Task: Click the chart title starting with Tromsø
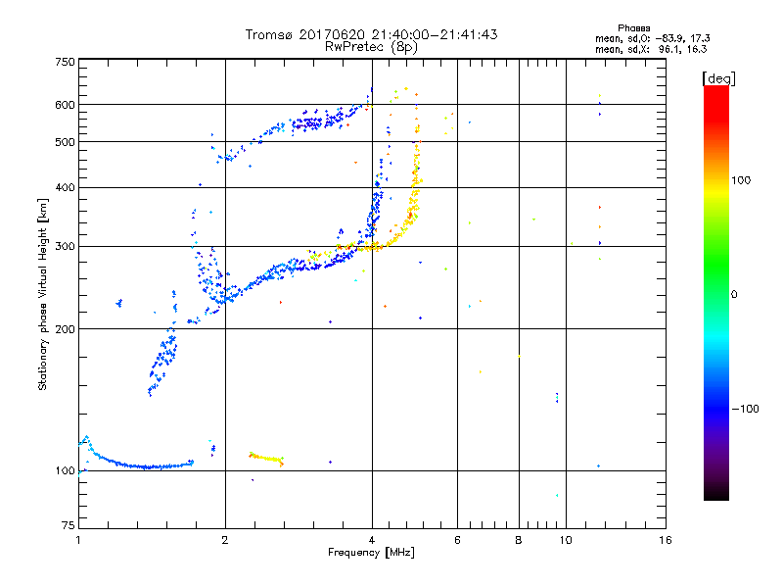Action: (371, 34)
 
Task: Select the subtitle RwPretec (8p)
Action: (371, 46)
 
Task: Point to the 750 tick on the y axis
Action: (65, 61)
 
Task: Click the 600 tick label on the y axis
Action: (65, 105)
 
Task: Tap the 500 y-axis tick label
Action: (65, 141)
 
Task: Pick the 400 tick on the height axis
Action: (65, 187)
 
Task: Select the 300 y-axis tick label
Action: (65, 246)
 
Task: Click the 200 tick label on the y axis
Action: (65, 328)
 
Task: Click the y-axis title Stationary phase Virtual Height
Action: (43, 294)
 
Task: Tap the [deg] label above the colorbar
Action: (717, 77)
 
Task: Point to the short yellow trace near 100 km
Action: (266, 458)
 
